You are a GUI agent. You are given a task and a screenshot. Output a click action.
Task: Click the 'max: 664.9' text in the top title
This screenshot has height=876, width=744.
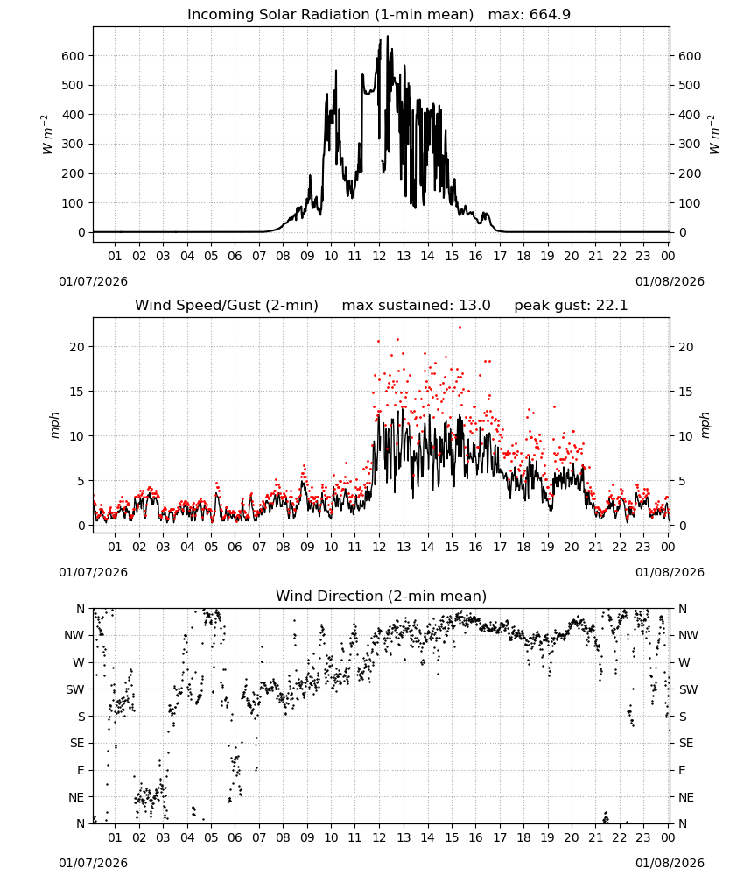click(530, 15)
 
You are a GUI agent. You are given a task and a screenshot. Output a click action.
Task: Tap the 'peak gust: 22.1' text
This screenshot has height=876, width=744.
click(571, 306)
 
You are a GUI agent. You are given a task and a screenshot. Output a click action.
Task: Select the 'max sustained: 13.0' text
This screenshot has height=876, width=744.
click(416, 306)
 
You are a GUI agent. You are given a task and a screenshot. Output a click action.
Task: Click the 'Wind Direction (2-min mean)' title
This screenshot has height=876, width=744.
click(382, 596)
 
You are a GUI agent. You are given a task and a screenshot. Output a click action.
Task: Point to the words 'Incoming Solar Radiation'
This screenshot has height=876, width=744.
click(278, 15)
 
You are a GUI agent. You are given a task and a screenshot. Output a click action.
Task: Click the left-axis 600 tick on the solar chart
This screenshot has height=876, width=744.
click(73, 56)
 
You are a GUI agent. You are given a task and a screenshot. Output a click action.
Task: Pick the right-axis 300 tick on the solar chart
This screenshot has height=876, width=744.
click(690, 145)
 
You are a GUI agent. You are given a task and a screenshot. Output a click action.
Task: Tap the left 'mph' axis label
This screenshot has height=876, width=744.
click(54, 425)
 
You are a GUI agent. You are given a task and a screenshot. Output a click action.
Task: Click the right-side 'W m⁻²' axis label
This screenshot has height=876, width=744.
click(714, 135)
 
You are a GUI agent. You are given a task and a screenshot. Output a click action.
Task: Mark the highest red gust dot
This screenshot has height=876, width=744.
click(460, 328)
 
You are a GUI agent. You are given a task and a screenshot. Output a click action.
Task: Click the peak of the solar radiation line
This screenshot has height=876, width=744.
click(388, 36)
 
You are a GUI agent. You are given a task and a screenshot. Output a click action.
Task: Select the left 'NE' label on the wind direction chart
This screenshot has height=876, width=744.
click(76, 797)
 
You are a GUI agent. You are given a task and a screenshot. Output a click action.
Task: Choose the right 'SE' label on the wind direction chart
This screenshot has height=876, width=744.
click(686, 743)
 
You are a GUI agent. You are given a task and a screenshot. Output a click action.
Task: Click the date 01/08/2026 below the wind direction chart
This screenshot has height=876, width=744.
click(670, 863)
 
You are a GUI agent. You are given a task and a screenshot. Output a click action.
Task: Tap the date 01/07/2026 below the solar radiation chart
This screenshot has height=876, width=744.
click(93, 281)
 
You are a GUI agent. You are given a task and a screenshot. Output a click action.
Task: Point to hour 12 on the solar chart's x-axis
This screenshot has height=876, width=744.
click(380, 256)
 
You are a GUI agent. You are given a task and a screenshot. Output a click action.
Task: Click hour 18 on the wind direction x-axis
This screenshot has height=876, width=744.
click(523, 837)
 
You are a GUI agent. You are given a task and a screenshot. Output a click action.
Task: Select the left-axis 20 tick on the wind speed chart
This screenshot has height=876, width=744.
click(77, 347)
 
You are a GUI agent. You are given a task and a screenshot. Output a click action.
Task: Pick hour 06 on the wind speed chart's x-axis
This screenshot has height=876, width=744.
click(235, 547)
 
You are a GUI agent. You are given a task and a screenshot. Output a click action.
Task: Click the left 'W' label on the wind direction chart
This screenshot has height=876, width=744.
click(80, 662)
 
